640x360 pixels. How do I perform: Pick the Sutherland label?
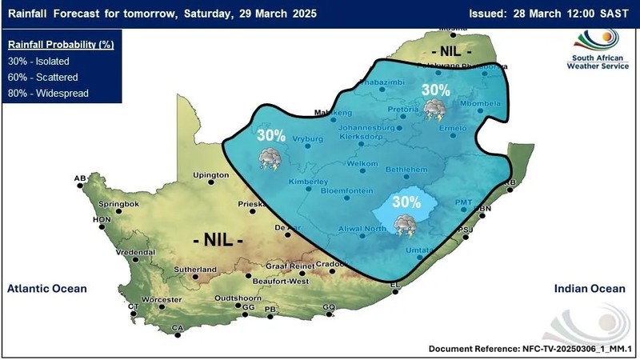tap(193, 270)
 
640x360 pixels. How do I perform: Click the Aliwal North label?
tap(363, 230)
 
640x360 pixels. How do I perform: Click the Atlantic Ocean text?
tap(46, 289)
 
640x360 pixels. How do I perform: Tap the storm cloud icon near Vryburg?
tap(269, 158)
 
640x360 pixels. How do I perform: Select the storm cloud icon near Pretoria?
tap(434, 109)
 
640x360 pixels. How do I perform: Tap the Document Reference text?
tap(527, 350)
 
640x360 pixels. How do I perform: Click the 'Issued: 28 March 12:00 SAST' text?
tap(551, 13)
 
